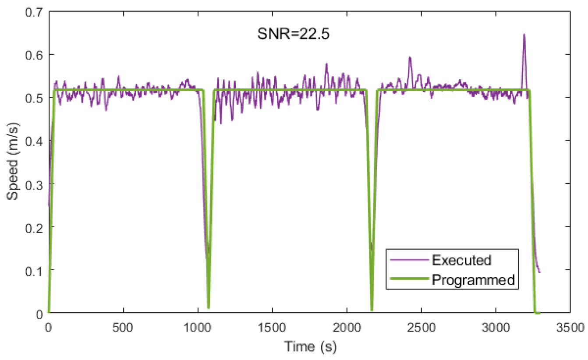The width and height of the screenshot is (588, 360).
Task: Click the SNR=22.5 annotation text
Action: (x=293, y=34)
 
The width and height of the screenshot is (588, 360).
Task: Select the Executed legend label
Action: (x=461, y=260)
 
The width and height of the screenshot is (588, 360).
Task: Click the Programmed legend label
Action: (x=473, y=279)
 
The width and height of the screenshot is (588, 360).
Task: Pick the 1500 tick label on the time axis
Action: (x=272, y=327)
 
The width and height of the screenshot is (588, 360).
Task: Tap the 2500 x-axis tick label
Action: (x=421, y=327)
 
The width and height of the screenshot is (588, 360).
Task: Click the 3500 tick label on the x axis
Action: (x=569, y=327)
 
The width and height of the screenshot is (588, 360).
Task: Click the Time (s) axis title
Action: (x=309, y=347)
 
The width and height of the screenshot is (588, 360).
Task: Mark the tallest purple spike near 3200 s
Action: (x=524, y=35)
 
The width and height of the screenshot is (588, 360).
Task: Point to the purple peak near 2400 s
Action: (x=410, y=57)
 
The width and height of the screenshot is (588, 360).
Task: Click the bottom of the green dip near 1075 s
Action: (x=209, y=307)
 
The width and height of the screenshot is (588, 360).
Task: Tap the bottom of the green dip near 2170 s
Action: (x=372, y=310)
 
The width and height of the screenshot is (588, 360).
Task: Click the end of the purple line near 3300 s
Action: (x=540, y=272)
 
